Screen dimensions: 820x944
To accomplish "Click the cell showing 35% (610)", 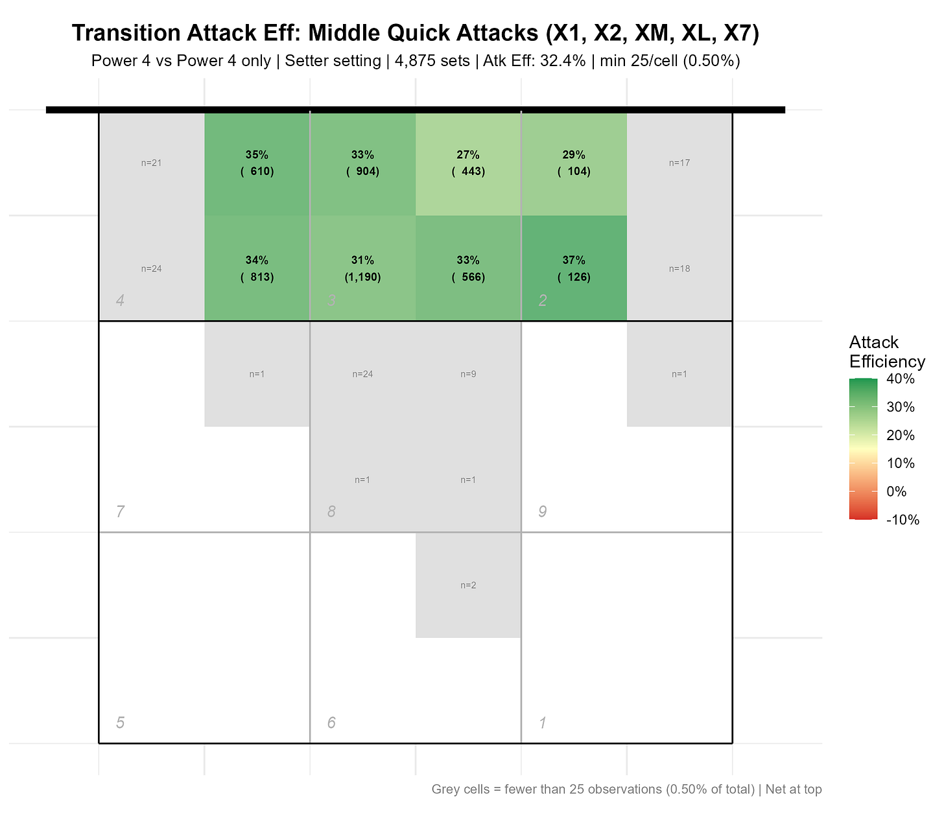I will coord(257,163).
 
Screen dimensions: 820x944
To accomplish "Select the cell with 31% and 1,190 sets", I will coord(363,268).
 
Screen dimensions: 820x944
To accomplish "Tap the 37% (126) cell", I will coord(574,268).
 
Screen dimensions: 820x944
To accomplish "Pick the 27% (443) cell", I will coord(468,163).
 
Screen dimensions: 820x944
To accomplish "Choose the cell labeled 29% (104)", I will coord(574,163).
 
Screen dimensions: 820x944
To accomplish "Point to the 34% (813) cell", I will coord(257,268).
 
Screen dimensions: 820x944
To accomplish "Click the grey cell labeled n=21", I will coord(152,163).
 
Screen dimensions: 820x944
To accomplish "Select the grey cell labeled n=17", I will coord(679,163).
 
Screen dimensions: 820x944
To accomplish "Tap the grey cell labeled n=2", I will coord(468,585).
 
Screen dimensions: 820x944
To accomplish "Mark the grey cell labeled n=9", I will coord(468,374).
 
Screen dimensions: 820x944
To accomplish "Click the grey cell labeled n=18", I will coord(679,268).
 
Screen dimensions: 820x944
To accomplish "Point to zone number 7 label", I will coord(120,512).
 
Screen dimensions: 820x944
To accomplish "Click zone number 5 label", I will coord(120,723).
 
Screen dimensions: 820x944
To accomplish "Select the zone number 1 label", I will coord(543,723).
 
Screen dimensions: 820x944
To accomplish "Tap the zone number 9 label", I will coord(543,512).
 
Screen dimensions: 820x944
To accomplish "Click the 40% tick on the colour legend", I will coord(900,379).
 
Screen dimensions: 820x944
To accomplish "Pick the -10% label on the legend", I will coord(903,520).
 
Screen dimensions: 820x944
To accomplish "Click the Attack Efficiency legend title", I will coord(886,352).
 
